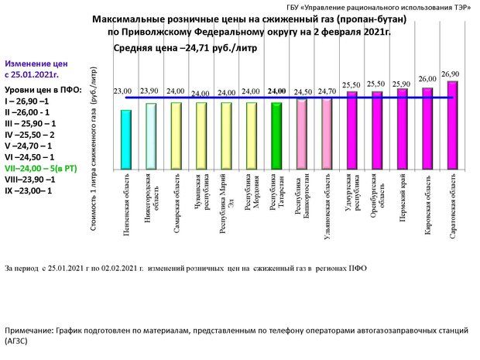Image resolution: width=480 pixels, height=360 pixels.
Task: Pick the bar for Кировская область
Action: pyautogui.click(x=427, y=129)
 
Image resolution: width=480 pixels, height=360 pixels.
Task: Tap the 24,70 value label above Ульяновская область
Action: pyautogui.click(x=327, y=91)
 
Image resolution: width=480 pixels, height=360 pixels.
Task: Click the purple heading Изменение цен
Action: pyautogui.click(x=36, y=63)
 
